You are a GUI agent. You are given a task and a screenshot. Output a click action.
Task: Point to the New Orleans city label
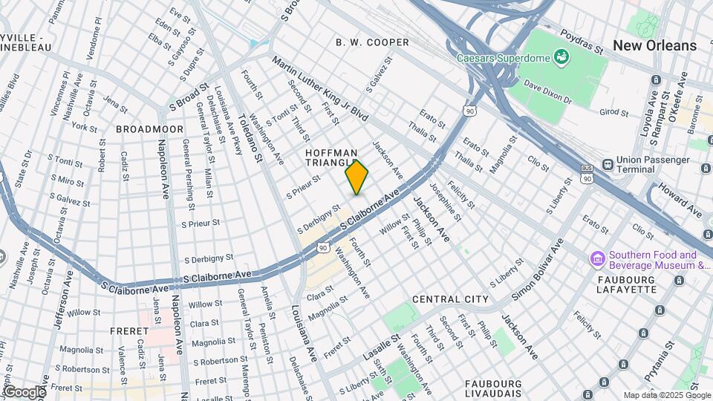pyautogui.click(x=654, y=45)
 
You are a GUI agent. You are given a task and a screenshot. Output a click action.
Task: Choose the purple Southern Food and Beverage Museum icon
pyautogui.click(x=597, y=258)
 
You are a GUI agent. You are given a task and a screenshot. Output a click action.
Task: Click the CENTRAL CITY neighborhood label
pyautogui.click(x=450, y=299)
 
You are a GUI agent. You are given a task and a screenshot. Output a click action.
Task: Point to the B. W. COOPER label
pyautogui.click(x=372, y=42)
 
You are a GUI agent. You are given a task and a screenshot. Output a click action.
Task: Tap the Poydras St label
pyautogui.click(x=578, y=49)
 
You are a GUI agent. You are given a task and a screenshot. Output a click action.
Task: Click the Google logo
pyautogui.click(x=24, y=391)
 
